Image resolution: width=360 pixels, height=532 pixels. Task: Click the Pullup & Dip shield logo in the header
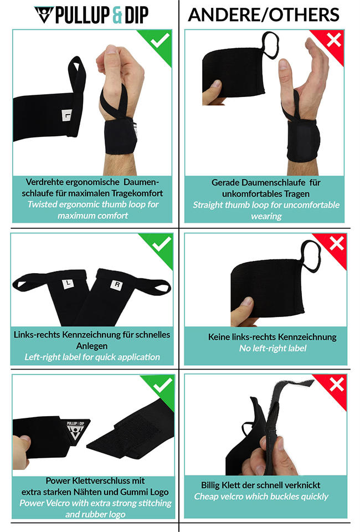pyautogui.click(x=44, y=14)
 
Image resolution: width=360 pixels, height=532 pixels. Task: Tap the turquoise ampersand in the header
pyautogui.click(x=117, y=15)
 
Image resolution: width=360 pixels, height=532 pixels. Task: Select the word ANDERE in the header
pyautogui.click(x=223, y=14)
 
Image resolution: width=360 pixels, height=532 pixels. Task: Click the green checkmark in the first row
pyautogui.click(x=161, y=40)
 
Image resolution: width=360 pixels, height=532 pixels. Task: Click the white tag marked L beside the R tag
pyautogui.click(x=68, y=284)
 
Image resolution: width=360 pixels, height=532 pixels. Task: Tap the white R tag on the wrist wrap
pyautogui.click(x=116, y=285)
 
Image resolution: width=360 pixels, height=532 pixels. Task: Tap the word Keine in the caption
pyautogui.click(x=219, y=337)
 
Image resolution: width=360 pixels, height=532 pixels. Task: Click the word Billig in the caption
pyautogui.click(x=213, y=485)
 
